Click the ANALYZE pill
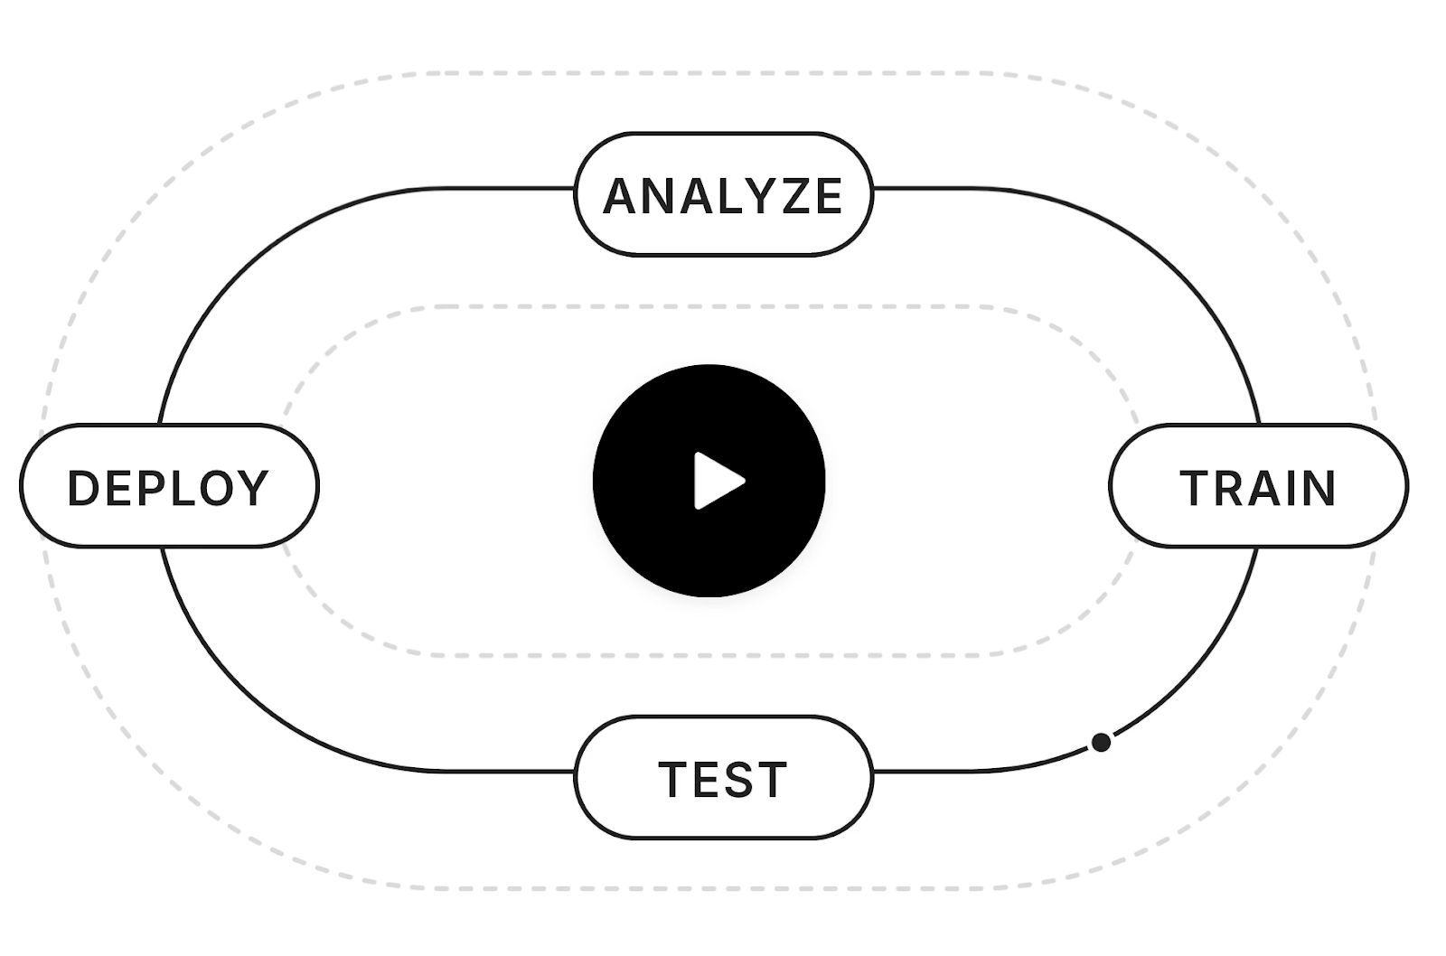click(x=724, y=194)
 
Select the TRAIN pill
click(x=1258, y=486)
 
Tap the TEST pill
click(x=724, y=777)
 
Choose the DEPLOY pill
click(x=169, y=486)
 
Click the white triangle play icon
click(x=718, y=481)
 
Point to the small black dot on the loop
click(x=1102, y=743)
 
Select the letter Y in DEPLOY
click(x=252, y=488)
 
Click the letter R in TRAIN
click(x=1230, y=488)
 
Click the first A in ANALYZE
click(x=620, y=196)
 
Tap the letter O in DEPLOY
click(x=216, y=488)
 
